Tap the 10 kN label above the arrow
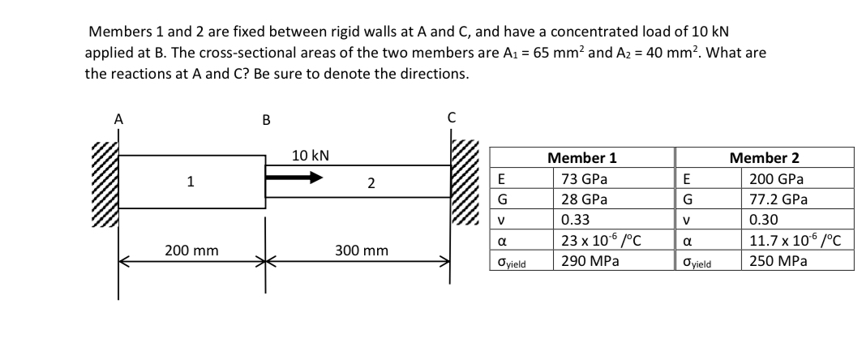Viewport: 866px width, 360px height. click(x=309, y=155)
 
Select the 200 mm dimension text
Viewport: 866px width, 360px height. click(x=186, y=251)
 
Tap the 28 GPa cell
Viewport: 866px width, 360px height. click(x=581, y=199)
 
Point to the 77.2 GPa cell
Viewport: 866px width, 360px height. click(x=776, y=199)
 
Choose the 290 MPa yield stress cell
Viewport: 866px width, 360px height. click(x=583, y=261)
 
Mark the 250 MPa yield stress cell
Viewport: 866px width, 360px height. click(x=774, y=261)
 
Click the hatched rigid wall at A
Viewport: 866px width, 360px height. click(x=105, y=186)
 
